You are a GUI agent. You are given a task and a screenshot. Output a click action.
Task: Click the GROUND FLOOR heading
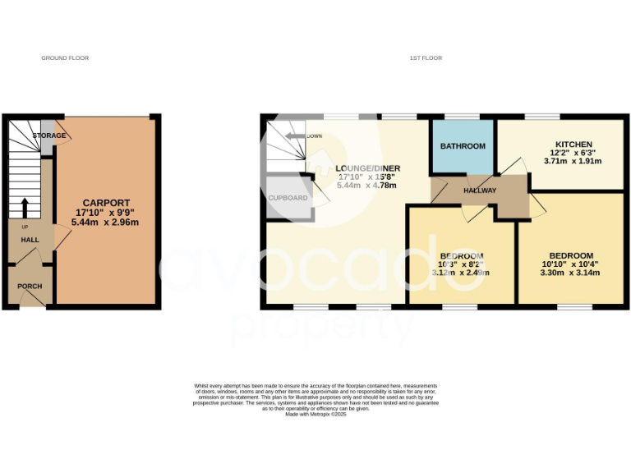65,58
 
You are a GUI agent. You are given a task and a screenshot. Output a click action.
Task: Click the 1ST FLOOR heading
426,58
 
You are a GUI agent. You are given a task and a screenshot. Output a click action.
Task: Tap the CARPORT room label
104,202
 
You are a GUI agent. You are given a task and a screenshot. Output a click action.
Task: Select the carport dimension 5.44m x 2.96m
105,222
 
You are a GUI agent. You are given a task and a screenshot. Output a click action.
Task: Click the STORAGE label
48,135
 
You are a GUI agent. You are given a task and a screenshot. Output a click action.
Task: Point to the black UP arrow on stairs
24,205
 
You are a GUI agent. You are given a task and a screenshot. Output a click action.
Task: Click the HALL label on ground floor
30,239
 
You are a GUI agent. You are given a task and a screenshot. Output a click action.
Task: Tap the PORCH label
30,286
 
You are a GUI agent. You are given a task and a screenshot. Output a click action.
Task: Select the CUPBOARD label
288,198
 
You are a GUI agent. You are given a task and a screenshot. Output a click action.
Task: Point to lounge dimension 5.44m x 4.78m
366,186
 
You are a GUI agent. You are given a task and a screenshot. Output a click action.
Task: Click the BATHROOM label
463,146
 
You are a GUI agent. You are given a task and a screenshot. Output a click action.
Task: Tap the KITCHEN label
573,145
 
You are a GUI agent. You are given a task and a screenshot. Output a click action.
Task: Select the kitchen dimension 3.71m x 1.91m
573,162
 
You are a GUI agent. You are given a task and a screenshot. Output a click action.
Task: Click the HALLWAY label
479,191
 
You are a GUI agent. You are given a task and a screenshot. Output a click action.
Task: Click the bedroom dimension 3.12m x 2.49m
460,273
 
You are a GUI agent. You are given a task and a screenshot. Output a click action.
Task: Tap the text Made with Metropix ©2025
316,414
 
